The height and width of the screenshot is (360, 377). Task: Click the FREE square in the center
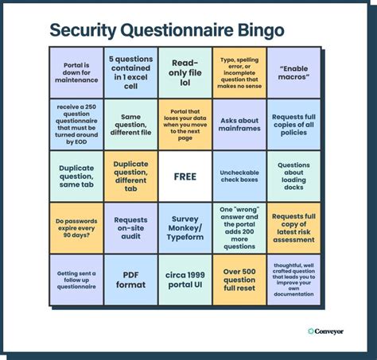185,176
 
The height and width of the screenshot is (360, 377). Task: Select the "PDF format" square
130,280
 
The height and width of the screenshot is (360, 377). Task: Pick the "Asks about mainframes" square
239,125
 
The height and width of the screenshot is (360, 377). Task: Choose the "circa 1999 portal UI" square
185,280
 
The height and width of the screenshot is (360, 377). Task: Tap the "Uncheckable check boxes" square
239,176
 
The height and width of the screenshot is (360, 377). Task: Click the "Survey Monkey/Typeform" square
185,228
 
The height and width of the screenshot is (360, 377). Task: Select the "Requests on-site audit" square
130,228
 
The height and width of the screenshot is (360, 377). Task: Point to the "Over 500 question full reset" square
239,280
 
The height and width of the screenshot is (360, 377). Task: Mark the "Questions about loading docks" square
294,176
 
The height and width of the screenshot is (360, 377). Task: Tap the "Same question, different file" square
130,125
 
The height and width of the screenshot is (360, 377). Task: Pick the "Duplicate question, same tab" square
76,176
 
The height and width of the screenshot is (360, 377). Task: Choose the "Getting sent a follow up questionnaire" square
76,280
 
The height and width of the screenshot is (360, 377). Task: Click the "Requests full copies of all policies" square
294,125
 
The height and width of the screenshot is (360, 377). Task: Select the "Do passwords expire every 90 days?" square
76,228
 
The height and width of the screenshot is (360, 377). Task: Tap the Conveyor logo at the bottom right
326,331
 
